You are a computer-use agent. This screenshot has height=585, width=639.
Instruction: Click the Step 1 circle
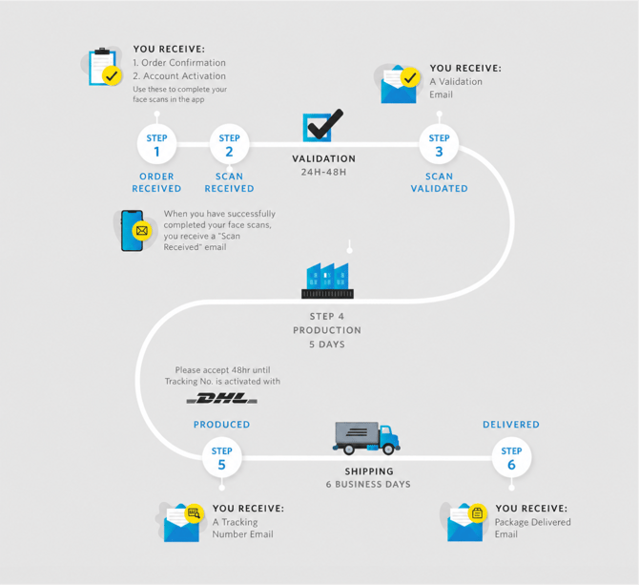tap(157, 144)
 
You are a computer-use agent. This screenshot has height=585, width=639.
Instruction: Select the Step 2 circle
tap(230, 144)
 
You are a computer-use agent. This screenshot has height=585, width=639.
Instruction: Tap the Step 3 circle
tap(439, 144)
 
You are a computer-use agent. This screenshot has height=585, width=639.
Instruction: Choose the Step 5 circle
tap(221, 457)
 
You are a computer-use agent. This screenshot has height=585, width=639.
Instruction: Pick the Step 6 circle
tap(511, 457)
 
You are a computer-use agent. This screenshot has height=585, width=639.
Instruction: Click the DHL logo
tap(221, 398)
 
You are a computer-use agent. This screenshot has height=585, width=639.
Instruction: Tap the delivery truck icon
tap(366, 438)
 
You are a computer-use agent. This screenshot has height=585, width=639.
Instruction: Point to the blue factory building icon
tap(328, 281)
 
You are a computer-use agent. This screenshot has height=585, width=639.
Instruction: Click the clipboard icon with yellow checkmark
tap(105, 67)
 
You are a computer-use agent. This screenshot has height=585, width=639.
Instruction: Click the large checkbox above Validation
tap(322, 126)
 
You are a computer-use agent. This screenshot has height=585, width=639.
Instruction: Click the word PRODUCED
tap(221, 425)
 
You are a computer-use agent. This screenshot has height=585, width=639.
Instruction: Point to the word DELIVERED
tap(511, 425)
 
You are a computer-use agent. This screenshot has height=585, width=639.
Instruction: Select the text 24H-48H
tap(324, 172)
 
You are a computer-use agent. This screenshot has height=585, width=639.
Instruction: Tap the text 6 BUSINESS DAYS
tap(368, 484)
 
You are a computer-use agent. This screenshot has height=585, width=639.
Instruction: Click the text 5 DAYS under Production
tap(327, 345)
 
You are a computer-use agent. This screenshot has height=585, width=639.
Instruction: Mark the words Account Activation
tap(184, 76)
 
